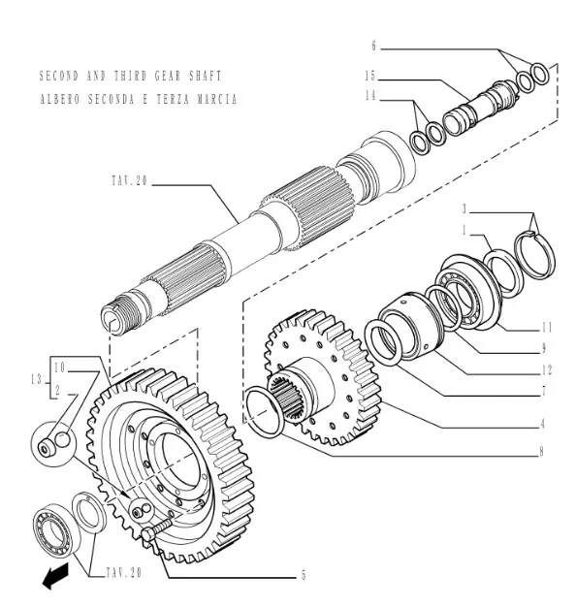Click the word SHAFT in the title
[x=206, y=76]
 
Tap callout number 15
[x=370, y=76]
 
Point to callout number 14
[x=370, y=95]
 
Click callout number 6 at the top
[x=374, y=47]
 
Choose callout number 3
[x=464, y=209]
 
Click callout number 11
[x=547, y=328]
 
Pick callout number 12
[x=547, y=370]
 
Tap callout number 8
[x=541, y=452]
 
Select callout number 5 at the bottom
[x=304, y=575]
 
